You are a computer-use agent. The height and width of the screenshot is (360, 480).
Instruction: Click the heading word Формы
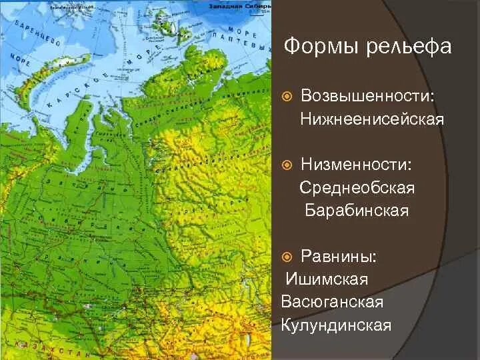point(318,47)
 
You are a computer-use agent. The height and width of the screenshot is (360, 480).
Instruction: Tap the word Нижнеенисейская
point(371,119)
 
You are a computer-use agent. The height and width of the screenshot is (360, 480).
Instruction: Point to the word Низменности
point(358,163)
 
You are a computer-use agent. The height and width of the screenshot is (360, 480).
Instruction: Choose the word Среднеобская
point(357,188)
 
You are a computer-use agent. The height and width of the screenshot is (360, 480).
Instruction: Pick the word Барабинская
point(357,211)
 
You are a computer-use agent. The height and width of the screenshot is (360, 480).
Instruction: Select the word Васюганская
point(332,302)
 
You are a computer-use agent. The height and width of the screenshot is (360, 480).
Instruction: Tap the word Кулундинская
point(335,325)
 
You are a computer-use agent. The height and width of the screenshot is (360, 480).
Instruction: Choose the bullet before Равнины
point(287,256)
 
